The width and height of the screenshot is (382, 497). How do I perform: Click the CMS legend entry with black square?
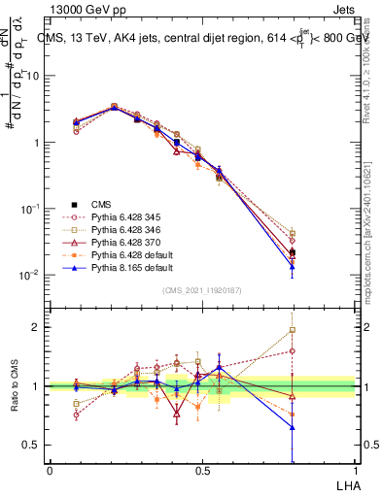(101, 204)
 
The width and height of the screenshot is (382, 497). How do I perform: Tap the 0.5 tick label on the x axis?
(202, 470)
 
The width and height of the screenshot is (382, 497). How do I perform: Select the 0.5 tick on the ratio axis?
(31, 445)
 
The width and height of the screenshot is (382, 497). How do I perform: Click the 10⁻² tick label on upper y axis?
(29, 275)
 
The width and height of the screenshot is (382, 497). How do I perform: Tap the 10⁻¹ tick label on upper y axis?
(29, 209)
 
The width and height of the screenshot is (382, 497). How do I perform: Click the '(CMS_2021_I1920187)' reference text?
(201, 290)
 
